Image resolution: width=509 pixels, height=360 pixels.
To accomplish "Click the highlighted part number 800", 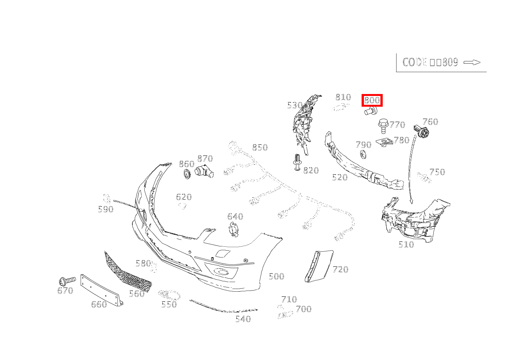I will (x=372, y=101).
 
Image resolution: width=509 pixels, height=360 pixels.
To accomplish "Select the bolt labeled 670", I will (x=67, y=281).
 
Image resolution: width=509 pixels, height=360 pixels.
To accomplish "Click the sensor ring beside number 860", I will (x=187, y=174).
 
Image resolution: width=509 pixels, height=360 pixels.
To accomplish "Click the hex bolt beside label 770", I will (x=382, y=125).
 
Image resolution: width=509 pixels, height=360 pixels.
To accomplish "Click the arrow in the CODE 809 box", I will (x=472, y=62).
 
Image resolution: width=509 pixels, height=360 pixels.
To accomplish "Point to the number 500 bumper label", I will (x=276, y=276).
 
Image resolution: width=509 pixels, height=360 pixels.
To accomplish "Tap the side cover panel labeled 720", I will (x=319, y=266).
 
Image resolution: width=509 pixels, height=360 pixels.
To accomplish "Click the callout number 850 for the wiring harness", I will (x=260, y=147).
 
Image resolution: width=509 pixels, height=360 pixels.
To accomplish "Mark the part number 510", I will (x=406, y=244).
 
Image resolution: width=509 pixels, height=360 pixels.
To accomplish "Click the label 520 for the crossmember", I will (x=340, y=177).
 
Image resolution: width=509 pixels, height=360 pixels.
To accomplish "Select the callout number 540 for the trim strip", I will (x=243, y=319).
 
